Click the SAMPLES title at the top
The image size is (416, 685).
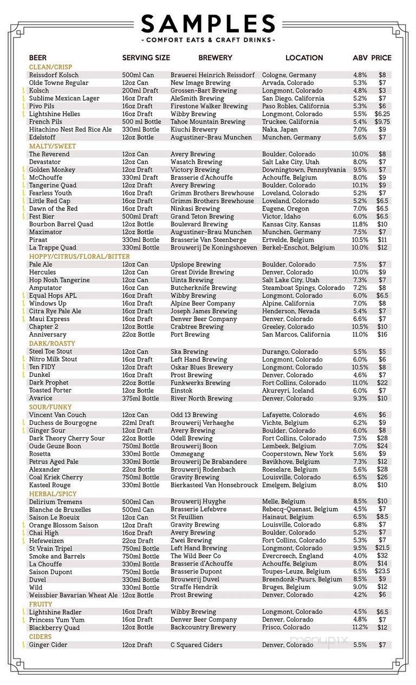pyautogui.click(x=208, y=24)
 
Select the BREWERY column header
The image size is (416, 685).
pyautogui.click(x=215, y=57)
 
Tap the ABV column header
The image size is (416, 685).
pyautogui.click(x=360, y=57)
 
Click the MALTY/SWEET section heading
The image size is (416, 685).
pyautogui.click(x=52, y=146)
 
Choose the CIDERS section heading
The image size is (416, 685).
pyautogui.click(x=40, y=636)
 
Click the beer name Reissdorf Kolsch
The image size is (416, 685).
pyautogui.click(x=54, y=75)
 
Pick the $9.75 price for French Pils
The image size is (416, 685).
pyautogui.click(x=382, y=122)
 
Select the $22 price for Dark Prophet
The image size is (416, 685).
pyautogui.click(x=382, y=382)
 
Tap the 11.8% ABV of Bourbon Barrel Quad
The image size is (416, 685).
pyautogui.click(x=360, y=224)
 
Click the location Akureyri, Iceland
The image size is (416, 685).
pyautogui.click(x=288, y=390)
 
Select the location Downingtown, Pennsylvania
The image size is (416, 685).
pyautogui.click(x=304, y=169)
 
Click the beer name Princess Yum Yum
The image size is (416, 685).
pyautogui.click(x=56, y=619)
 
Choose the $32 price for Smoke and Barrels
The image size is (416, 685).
pyautogui.click(x=382, y=556)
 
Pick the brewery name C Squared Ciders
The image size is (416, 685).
pyautogui.click(x=197, y=645)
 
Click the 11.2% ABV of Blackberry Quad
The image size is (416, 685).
pyautogui.click(x=360, y=628)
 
